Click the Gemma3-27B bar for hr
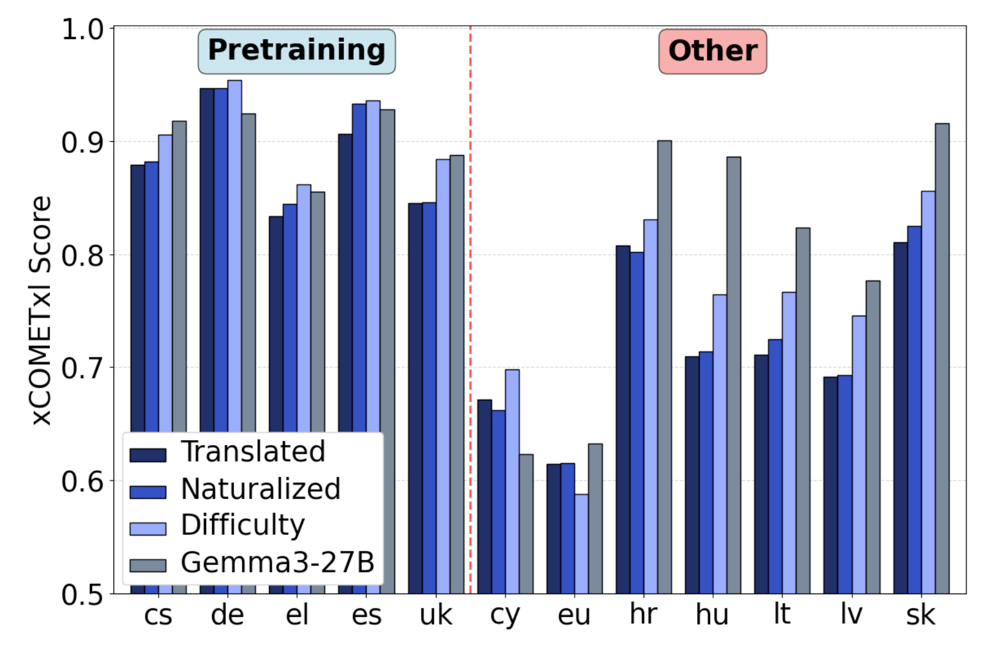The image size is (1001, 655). click(x=664, y=366)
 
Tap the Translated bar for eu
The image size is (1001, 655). click(x=553, y=528)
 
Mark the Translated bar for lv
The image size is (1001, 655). click(x=830, y=485)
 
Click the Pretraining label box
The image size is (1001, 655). click(x=297, y=51)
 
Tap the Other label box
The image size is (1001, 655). click(x=713, y=51)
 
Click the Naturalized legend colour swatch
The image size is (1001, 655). click(x=147, y=491)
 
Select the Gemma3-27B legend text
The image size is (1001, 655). click(x=277, y=562)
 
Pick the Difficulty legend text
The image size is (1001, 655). click(x=243, y=525)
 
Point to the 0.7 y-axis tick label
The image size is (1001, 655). click(x=82, y=368)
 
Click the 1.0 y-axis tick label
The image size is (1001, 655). click(x=82, y=29)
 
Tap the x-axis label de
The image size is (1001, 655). click(x=227, y=615)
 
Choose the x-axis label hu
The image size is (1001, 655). click(x=711, y=615)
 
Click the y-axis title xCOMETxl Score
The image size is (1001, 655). click(x=41, y=310)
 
